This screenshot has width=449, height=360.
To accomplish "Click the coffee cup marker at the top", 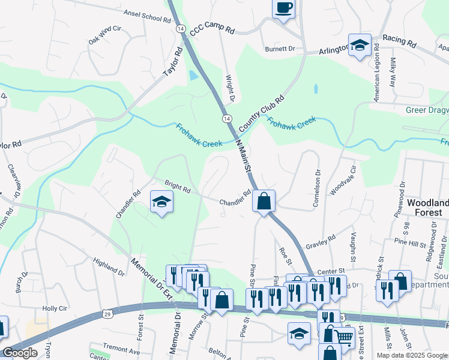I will click(283, 8).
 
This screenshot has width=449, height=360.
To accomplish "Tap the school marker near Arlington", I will click(360, 45).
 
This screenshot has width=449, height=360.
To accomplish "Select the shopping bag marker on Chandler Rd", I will click(264, 201).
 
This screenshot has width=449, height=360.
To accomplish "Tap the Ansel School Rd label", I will click(147, 16).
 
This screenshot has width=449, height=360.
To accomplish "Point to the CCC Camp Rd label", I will click(212, 28).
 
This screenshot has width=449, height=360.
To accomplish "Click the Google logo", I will click(19, 353).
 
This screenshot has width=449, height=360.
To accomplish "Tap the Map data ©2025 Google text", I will click(412, 355).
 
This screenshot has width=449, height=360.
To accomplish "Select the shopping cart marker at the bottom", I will click(344, 337).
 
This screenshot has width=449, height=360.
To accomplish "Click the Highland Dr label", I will click(109, 267).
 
